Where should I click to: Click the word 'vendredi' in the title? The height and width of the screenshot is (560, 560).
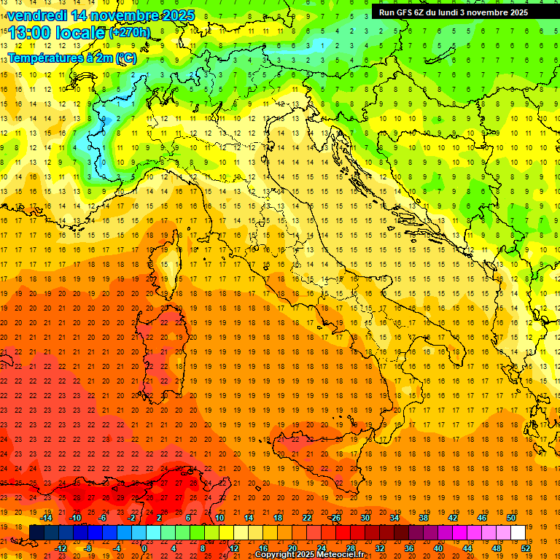(x=37, y=15)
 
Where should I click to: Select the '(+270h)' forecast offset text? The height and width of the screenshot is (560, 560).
(x=130, y=33)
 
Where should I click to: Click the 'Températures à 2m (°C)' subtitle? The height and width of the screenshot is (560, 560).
(x=71, y=57)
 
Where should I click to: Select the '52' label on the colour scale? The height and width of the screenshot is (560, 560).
(x=526, y=548)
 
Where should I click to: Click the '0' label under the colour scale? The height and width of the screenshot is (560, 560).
(x=144, y=548)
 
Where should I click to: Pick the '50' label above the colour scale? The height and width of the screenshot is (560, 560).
(x=511, y=518)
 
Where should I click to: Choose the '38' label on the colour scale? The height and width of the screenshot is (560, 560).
(x=424, y=518)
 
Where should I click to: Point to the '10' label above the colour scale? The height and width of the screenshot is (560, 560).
(x=219, y=518)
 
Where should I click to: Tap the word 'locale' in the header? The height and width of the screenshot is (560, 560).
(x=81, y=33)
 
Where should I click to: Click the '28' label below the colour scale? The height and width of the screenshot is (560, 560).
(x=351, y=548)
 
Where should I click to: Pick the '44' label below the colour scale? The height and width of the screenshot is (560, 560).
(x=467, y=548)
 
